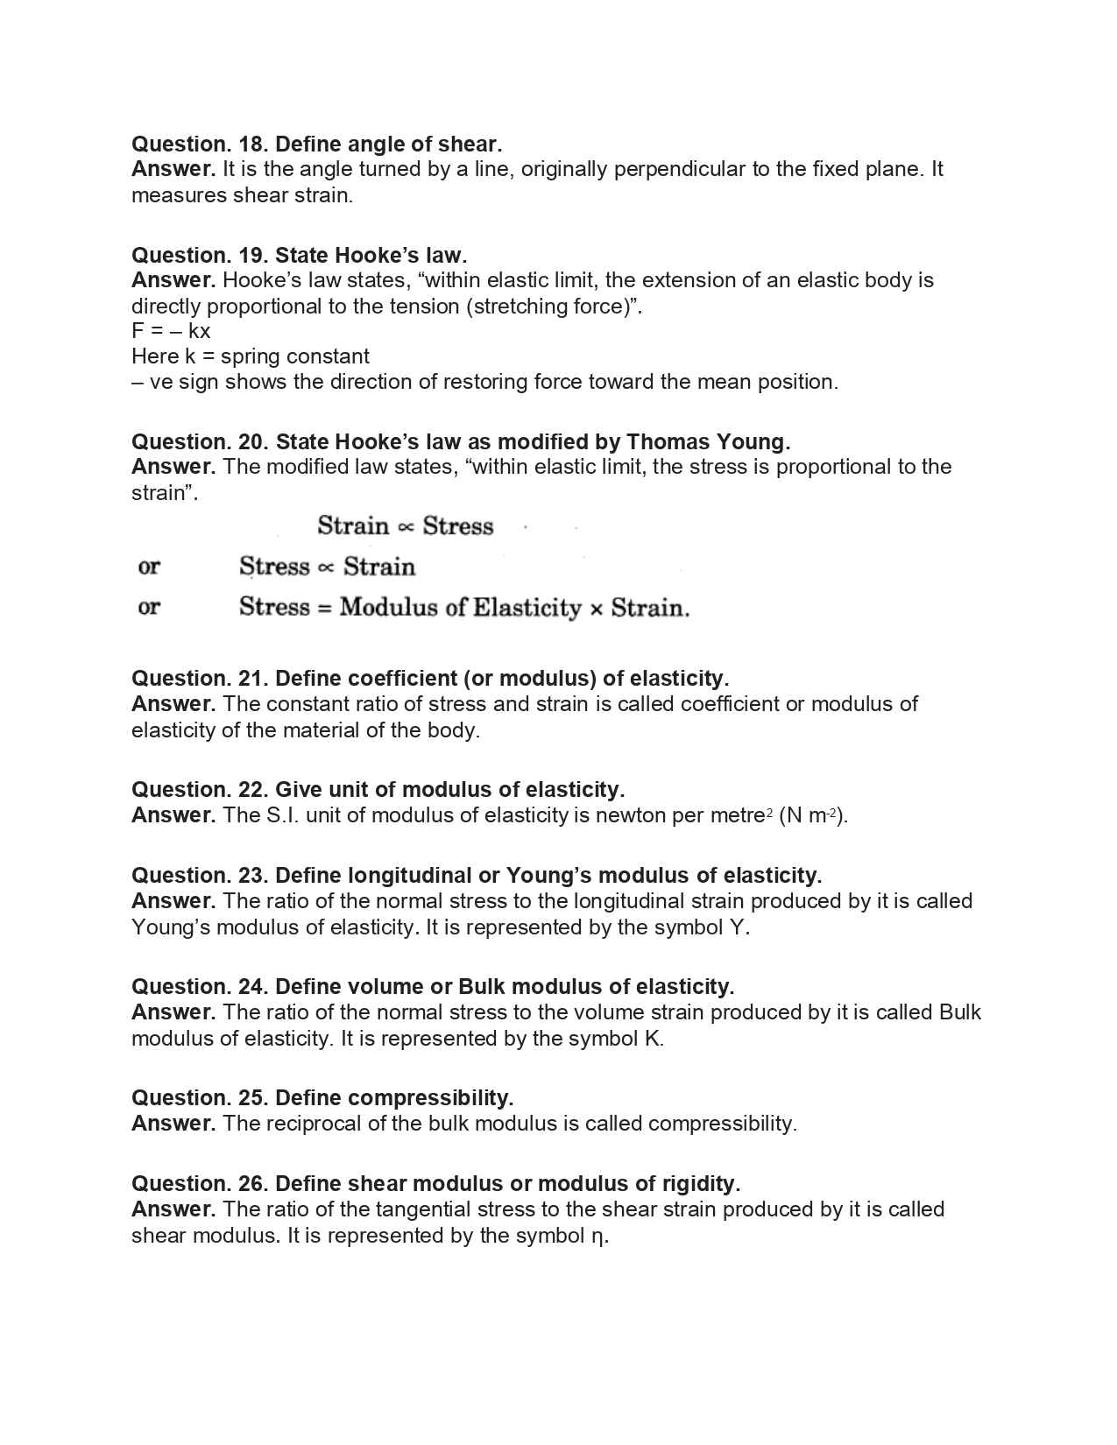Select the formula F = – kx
click(x=171, y=331)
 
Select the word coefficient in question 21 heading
click(x=401, y=679)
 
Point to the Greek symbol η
click(x=598, y=1236)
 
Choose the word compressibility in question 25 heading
click(x=429, y=1098)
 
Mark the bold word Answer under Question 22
click(x=173, y=815)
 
